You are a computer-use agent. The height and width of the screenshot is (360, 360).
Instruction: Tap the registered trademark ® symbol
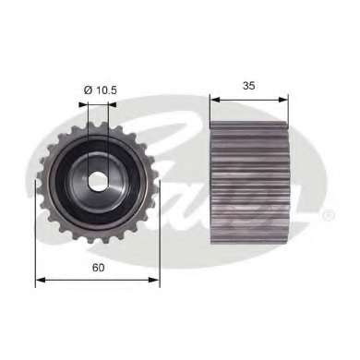tap(330, 216)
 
